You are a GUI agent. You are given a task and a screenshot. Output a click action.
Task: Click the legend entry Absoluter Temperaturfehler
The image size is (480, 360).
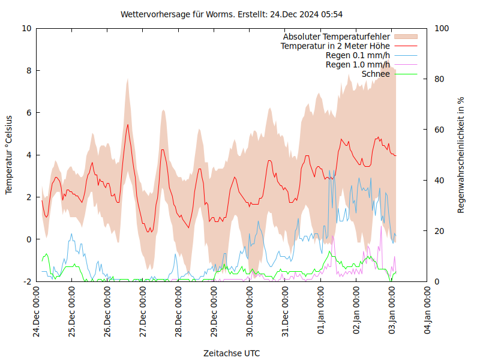(x=337, y=37)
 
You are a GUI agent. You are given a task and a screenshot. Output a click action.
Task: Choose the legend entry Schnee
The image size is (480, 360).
(x=376, y=74)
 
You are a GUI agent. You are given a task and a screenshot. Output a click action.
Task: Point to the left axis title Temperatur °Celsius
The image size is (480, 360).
(x=9, y=154)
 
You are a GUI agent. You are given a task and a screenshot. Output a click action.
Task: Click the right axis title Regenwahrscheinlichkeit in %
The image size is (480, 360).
(x=461, y=155)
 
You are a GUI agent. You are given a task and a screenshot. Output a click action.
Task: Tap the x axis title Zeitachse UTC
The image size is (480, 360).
(x=232, y=353)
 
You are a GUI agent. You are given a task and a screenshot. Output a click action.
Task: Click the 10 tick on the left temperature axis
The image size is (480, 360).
(x=26, y=28)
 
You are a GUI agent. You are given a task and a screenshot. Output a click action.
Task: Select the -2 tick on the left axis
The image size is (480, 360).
(x=28, y=281)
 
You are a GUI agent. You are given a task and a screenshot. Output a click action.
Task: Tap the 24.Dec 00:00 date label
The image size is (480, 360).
(x=37, y=311)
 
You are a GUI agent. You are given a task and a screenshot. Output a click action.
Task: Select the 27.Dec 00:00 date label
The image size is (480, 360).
(x=143, y=311)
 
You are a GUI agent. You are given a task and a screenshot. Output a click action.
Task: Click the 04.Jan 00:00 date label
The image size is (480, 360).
(x=428, y=311)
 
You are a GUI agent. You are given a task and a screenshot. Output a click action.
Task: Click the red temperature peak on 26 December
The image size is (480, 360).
(x=128, y=125)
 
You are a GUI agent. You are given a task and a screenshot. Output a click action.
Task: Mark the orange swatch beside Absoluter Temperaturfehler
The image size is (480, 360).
(x=405, y=37)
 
